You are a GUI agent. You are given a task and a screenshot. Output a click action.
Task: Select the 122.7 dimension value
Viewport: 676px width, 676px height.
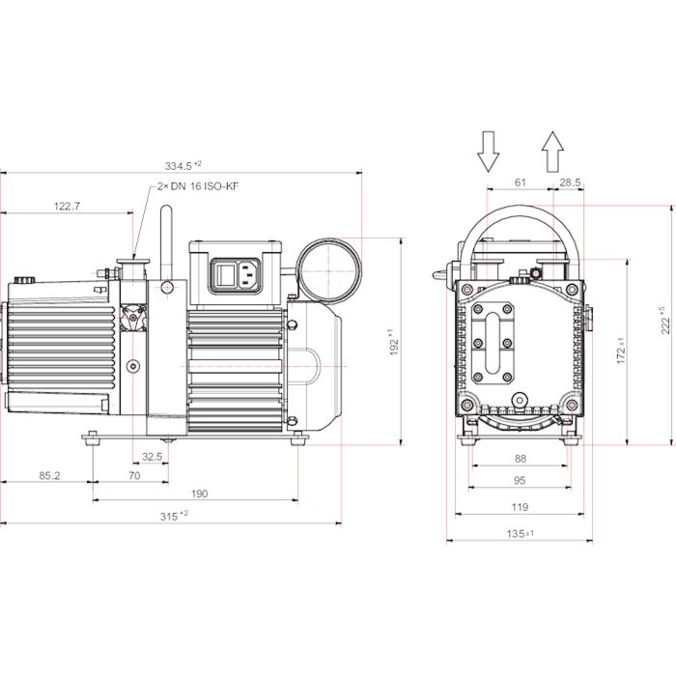coord(67,206)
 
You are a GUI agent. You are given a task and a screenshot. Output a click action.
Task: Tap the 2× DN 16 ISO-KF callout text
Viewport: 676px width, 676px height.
coord(196,189)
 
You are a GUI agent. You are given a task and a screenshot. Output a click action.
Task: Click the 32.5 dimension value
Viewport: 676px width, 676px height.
coord(153,457)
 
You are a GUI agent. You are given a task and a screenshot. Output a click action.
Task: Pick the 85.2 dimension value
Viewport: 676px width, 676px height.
coord(50,475)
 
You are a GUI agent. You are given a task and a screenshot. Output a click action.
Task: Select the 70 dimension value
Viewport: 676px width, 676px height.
coord(134,475)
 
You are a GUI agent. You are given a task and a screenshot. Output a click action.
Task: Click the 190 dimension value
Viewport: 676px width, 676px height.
coord(199,493)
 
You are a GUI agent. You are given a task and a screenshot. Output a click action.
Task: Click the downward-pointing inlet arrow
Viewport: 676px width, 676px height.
coord(488,150)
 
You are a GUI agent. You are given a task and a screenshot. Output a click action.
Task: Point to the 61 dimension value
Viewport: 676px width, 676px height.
coord(520,182)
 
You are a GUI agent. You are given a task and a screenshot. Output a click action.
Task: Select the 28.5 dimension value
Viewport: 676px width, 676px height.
coord(570,182)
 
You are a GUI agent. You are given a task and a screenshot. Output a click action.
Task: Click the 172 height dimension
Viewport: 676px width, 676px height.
coord(622,350)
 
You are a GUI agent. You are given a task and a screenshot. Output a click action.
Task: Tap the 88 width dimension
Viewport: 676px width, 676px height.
coord(519,459)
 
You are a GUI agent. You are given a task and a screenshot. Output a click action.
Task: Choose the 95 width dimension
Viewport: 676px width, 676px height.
coord(519,480)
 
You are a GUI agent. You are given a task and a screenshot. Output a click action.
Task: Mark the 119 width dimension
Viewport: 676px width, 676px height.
coord(519,506)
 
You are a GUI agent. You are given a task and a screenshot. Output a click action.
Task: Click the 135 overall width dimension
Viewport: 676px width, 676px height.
coord(521,533)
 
